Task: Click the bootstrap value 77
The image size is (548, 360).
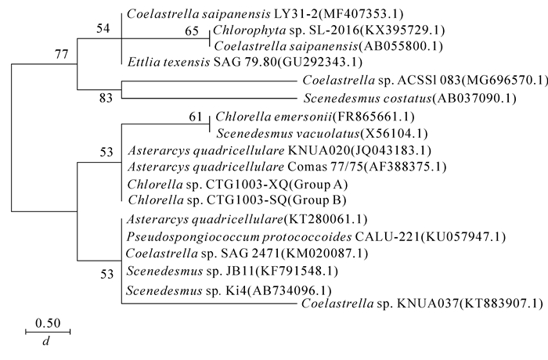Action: coord(62,54)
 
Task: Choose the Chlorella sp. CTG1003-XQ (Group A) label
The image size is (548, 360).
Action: coord(236,185)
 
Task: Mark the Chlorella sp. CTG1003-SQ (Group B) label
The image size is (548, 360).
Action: coord(236,201)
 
